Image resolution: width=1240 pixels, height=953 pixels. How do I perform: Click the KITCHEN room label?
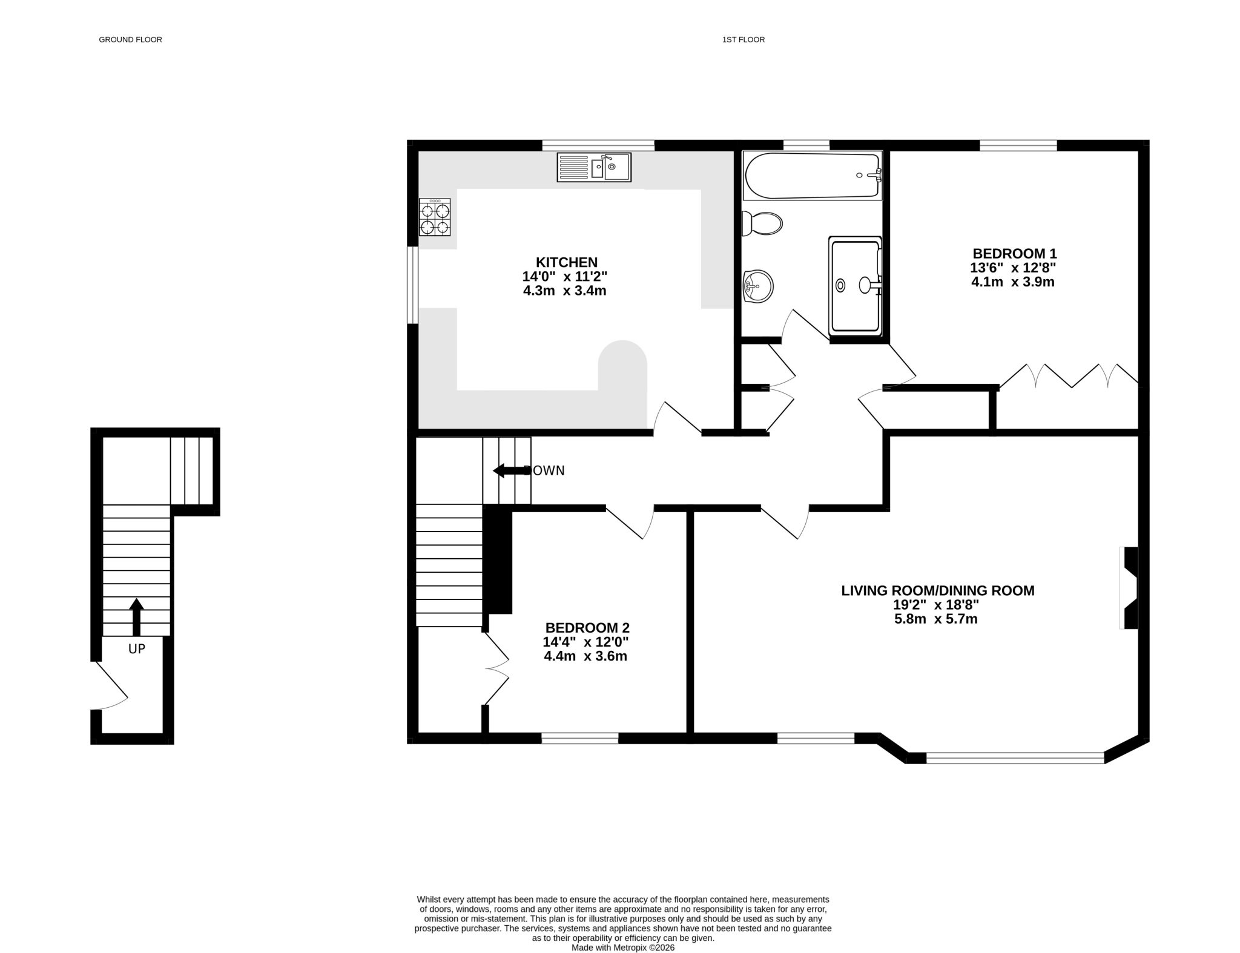[566, 262]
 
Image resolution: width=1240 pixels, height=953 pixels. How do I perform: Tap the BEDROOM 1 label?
[1014, 254]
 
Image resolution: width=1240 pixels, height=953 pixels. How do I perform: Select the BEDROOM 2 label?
[587, 628]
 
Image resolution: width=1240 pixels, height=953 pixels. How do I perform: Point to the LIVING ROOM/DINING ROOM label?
[938, 590]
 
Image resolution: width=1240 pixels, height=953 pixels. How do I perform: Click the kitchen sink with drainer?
[594, 167]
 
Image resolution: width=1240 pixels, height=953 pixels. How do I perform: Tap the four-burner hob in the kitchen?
[435, 217]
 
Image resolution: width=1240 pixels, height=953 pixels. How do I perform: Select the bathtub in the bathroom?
[813, 175]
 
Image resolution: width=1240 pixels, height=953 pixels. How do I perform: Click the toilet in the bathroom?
[762, 223]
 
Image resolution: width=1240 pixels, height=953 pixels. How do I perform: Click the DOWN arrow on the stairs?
[509, 470]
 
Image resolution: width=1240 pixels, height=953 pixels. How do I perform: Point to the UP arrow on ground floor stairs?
[136, 617]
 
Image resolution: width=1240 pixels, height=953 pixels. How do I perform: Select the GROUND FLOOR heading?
[131, 40]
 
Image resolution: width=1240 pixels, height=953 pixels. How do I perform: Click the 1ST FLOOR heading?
[744, 40]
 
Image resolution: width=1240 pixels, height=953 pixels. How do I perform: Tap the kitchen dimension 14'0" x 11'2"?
[565, 277]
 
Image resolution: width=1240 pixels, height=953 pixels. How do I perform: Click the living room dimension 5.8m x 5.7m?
[936, 619]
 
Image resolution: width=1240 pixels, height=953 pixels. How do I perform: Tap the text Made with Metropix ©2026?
[623, 948]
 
